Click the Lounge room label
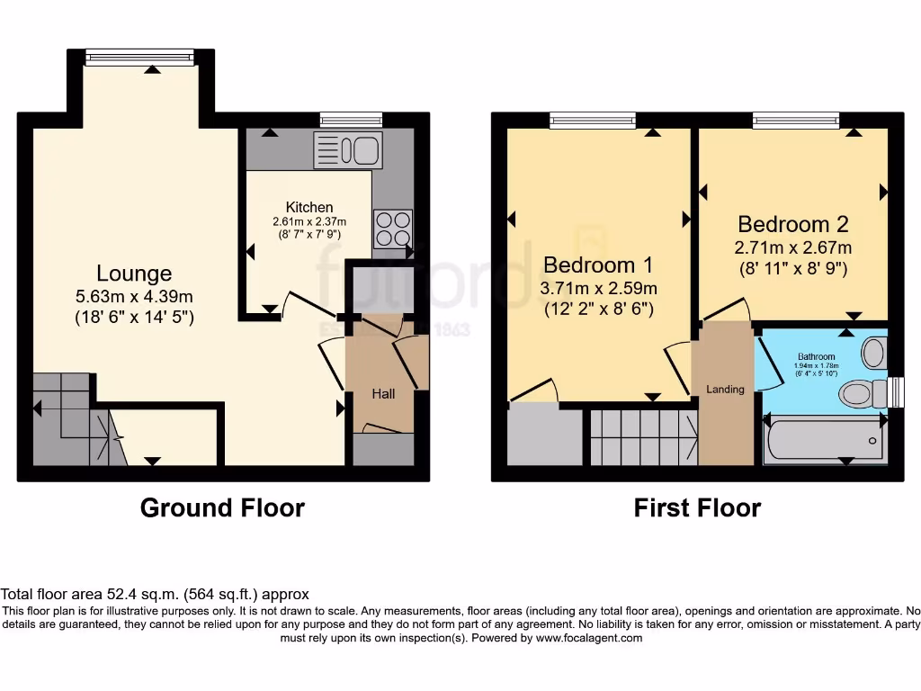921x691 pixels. tap(134, 273)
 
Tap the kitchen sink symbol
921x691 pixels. tap(347, 150)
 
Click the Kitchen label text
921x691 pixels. tap(309, 207)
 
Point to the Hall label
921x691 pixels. tap(384, 393)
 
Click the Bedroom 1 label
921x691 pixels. tap(597, 265)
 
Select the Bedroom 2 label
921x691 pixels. tap(792, 224)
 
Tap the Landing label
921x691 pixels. tap(725, 390)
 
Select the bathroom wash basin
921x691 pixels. tap(873, 352)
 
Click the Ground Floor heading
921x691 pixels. tap(222, 508)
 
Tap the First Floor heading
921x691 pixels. tap(697, 508)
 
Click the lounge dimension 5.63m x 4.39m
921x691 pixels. tap(134, 297)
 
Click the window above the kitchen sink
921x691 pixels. tap(352, 119)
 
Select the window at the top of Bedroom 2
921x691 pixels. tap(796, 119)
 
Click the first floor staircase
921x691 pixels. tap(643, 437)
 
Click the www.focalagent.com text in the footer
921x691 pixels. tap(589, 638)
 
